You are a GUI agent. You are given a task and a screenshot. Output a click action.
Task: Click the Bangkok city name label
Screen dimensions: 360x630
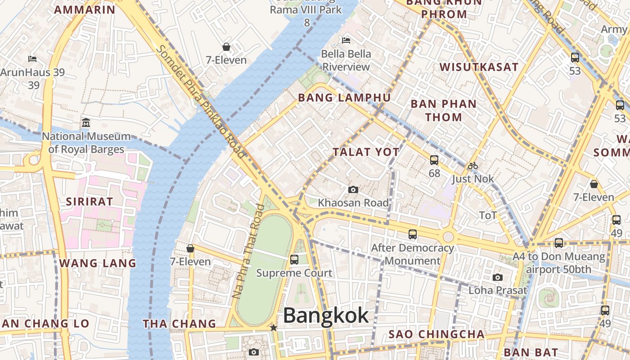pos(326,315)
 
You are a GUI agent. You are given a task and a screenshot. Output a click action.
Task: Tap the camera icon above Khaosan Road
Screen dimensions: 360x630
pos(353,190)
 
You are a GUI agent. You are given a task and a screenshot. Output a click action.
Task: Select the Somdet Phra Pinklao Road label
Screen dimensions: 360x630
pos(202,102)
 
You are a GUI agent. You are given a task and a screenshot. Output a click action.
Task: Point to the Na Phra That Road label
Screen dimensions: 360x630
pos(248,252)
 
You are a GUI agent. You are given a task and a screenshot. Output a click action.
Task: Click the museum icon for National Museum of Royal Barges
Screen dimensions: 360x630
pos(86,122)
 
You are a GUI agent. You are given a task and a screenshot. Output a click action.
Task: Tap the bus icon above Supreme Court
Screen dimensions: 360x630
pos(294,260)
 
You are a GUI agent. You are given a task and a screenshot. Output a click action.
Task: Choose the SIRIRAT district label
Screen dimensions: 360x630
pos(90,201)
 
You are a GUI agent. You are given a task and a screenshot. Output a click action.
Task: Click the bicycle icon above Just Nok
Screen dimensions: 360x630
pos(472,166)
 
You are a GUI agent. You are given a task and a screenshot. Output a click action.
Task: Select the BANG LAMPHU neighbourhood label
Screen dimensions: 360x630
pos(344,98)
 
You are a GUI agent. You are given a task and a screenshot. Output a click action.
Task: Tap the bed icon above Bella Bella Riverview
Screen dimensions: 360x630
pos(346,40)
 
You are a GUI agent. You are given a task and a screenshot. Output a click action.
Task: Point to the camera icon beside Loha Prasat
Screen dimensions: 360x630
pos(498,277)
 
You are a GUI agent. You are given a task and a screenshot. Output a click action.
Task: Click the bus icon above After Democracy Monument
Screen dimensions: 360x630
pos(412,234)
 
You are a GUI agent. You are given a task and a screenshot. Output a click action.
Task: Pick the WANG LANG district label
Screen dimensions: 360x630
pos(98,263)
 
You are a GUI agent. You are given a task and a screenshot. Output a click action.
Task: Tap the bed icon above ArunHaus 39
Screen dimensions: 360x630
pos(32,59)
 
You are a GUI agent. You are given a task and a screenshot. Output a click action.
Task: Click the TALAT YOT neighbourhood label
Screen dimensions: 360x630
pos(366,152)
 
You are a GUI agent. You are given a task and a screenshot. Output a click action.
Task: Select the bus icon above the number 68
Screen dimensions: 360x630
pos(434,160)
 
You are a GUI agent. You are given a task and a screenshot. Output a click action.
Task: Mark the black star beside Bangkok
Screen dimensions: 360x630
pos(273,328)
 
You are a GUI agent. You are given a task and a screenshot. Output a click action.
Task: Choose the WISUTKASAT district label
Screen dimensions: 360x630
pos(479,67)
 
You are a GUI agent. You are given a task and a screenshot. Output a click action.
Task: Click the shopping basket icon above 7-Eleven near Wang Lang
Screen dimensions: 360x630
pos(190,248)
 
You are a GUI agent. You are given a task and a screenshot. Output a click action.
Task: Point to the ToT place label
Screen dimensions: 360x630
pos(488,216)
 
